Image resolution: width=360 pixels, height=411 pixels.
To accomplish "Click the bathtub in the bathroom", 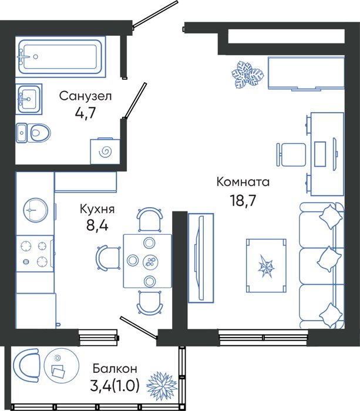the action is pyautogui.click(x=60, y=56).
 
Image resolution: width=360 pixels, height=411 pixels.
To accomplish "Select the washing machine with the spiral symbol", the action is pyautogui.click(x=105, y=151).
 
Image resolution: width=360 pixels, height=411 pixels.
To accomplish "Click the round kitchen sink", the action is pyautogui.click(x=36, y=210).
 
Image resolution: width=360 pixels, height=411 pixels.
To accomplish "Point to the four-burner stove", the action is pyautogui.click(x=35, y=254).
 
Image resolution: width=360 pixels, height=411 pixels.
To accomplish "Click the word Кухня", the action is pyautogui.click(x=97, y=210).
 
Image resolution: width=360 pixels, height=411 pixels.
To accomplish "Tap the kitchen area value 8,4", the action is pyautogui.click(x=97, y=225).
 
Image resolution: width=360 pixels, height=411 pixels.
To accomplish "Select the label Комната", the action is pyautogui.click(x=243, y=182).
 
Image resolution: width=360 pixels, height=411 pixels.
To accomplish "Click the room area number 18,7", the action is pyautogui.click(x=243, y=201).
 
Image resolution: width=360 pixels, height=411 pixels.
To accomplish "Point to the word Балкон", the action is pyautogui.click(x=115, y=369).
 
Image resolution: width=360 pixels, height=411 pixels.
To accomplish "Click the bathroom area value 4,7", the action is pyautogui.click(x=85, y=113).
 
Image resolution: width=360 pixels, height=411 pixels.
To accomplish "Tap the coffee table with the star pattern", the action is pyautogui.click(x=266, y=265).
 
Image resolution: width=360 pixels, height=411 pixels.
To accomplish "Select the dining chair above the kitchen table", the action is pyautogui.click(x=150, y=220).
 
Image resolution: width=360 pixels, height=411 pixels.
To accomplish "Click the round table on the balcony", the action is pyautogui.click(x=62, y=365).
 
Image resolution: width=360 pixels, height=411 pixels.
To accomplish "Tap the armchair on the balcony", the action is pyautogui.click(x=26, y=365).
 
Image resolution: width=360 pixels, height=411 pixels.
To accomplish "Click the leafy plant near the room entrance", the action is pyautogui.click(x=247, y=75).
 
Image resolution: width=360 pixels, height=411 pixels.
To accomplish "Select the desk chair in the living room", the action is pyautogui.click(x=291, y=154).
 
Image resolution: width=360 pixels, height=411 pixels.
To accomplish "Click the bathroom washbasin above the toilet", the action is pyautogui.click(x=29, y=99).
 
